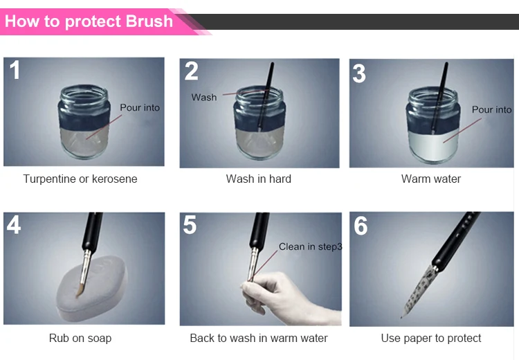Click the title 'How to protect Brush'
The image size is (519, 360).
click(x=89, y=21)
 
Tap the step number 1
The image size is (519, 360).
click(x=15, y=70)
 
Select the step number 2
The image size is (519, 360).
click(x=191, y=71)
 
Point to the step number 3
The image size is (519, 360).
click(x=359, y=73)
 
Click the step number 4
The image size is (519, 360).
click(x=14, y=224)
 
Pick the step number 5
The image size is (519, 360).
click(x=190, y=225)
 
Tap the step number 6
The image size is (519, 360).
click(x=361, y=226)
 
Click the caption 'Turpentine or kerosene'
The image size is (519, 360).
click(x=80, y=179)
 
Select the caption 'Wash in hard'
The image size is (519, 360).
click(x=259, y=179)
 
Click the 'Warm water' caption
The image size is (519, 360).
click(x=431, y=179)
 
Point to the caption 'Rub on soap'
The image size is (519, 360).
click(x=80, y=338)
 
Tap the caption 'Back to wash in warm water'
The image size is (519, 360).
click(x=259, y=338)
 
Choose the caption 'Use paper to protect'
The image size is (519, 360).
click(x=431, y=338)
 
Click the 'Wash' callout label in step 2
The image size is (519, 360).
click(x=204, y=98)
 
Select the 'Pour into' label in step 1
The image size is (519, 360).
click(x=140, y=107)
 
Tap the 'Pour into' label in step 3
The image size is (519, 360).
click(x=492, y=109)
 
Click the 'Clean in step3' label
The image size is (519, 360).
click(x=310, y=246)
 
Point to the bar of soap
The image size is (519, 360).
click(x=91, y=288)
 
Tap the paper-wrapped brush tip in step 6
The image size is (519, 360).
click(x=419, y=291)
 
